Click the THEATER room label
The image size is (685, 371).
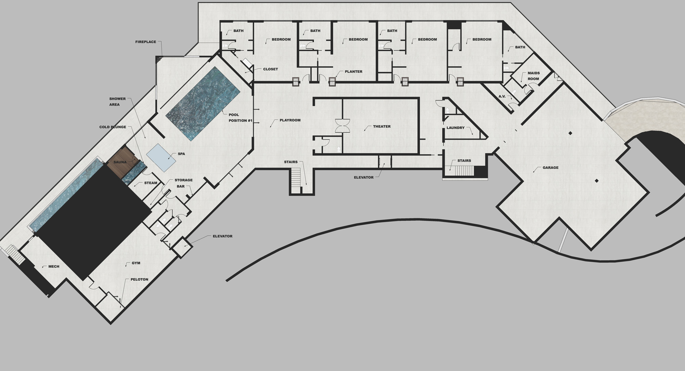pyautogui.click(x=382, y=126)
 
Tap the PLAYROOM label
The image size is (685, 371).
pyautogui.click(x=290, y=120)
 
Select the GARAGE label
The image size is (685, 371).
pyautogui.click(x=550, y=168)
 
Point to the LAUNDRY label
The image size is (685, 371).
pyautogui.click(x=456, y=128)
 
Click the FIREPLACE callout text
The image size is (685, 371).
pyautogui.click(x=146, y=42)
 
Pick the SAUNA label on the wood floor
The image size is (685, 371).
pyautogui.click(x=120, y=162)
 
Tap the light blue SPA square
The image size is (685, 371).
pyautogui.click(x=161, y=158)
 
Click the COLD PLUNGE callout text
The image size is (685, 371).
pyautogui.click(x=113, y=127)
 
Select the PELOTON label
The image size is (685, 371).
pyautogui.click(x=139, y=280)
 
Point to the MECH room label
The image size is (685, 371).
pyautogui.click(x=54, y=267)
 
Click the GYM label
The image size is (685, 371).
pyautogui.click(x=136, y=263)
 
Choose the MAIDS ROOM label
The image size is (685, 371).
pyautogui.click(x=533, y=76)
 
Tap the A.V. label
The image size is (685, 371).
pyautogui.click(x=502, y=96)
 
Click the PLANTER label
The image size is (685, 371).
pyautogui.click(x=353, y=72)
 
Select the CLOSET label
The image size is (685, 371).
pyautogui.click(x=271, y=69)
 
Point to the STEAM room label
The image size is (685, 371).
pyautogui.click(x=151, y=183)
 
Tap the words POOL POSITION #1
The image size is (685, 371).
pyautogui.click(x=240, y=118)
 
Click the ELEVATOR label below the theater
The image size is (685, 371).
pyautogui.click(x=364, y=177)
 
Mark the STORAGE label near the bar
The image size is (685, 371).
pyautogui.click(x=184, y=180)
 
